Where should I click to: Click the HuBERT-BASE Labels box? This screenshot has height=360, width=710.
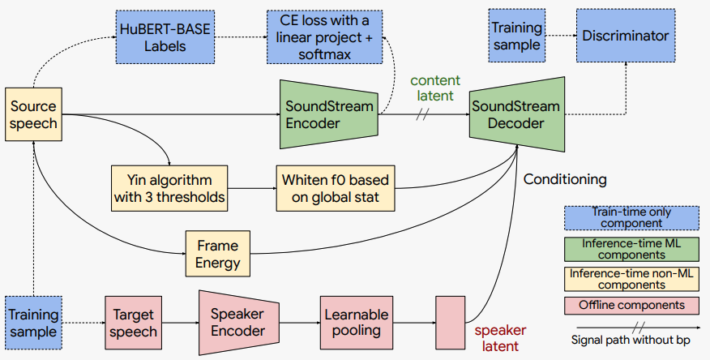(165, 37)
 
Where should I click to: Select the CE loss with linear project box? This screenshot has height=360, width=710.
(324, 37)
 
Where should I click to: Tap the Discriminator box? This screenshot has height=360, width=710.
(626, 36)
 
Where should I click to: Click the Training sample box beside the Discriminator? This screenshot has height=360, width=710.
(516, 36)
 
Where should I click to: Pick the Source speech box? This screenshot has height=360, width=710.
(33, 114)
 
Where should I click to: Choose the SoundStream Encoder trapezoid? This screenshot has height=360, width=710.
(329, 114)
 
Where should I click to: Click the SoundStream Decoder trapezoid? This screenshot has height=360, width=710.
(516, 114)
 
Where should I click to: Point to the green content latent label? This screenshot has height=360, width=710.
(435, 88)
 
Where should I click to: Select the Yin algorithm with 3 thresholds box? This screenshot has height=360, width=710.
(169, 188)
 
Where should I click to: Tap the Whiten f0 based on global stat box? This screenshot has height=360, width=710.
(336, 188)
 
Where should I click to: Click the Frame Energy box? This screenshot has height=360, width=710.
(218, 254)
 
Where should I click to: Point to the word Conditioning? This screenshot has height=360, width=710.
(565, 179)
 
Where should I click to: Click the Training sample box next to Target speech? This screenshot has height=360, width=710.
(33, 323)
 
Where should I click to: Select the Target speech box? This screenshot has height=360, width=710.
(133, 323)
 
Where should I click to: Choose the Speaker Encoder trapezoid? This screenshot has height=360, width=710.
(238, 323)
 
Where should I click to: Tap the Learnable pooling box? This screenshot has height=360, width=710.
(357, 323)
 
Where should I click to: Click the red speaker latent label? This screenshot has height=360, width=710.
(500, 338)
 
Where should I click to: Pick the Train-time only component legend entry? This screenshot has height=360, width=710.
(631, 218)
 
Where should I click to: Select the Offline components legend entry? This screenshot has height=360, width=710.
(631, 305)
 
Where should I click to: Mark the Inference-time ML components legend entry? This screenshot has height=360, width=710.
(631, 249)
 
